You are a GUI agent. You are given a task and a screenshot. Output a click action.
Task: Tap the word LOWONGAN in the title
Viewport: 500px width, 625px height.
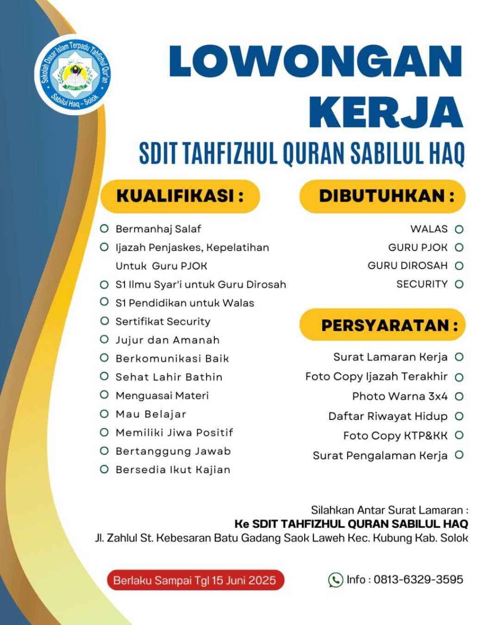click(316, 62)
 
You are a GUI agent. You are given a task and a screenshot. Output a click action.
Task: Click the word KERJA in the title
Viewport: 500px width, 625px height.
click(386, 112)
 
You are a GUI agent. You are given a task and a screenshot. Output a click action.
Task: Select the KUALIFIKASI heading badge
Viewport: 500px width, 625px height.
click(180, 196)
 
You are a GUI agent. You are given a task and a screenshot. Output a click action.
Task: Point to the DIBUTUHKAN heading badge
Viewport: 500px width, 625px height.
click(382, 196)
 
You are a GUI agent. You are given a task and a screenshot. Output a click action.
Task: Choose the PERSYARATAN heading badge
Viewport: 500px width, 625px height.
click(382, 325)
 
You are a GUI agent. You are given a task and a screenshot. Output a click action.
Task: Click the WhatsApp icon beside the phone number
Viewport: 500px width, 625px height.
click(335, 580)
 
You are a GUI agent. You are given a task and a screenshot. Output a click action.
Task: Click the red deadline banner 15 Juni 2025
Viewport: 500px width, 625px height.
click(195, 580)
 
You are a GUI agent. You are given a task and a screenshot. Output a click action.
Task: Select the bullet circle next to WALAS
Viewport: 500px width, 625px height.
click(459, 229)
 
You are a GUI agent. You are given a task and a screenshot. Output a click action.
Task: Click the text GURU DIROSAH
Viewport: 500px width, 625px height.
click(407, 266)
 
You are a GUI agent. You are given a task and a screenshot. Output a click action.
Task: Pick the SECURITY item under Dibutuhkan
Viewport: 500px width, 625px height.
click(422, 284)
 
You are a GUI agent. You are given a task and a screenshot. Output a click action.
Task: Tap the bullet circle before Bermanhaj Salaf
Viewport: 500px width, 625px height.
click(104, 229)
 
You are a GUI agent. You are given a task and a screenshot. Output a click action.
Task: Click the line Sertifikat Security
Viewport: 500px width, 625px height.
click(162, 321)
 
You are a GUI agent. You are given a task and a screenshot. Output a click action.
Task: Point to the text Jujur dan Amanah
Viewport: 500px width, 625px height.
click(167, 340)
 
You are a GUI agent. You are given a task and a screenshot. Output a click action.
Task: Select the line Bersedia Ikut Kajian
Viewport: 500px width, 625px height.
click(173, 469)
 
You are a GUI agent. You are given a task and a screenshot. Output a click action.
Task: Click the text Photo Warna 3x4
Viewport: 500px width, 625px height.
click(400, 396)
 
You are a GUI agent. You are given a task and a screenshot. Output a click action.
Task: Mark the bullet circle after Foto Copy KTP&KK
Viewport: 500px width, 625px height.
click(459, 435)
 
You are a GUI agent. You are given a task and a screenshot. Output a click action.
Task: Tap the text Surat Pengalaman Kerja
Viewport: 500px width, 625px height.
click(380, 456)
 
